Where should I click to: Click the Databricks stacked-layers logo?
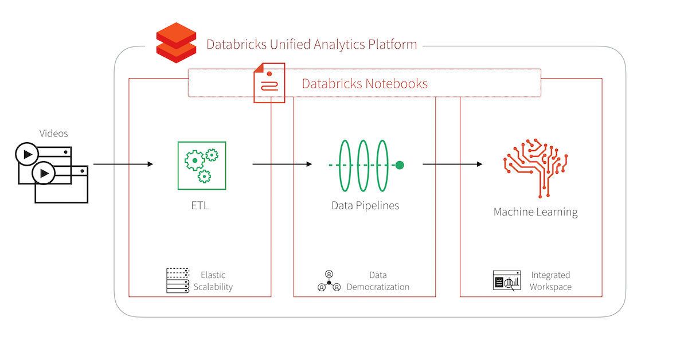pyautogui.click(x=177, y=42)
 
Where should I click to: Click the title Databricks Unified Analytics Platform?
pyautogui.click(x=311, y=44)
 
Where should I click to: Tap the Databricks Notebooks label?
pyautogui.click(x=365, y=84)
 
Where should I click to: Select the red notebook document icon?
pyautogui.click(x=269, y=84)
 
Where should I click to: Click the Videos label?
pyautogui.click(x=53, y=134)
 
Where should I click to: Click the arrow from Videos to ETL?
pyautogui.click(x=123, y=165)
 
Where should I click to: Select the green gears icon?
pyautogui.click(x=201, y=166)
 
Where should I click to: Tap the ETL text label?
pyautogui.click(x=200, y=205)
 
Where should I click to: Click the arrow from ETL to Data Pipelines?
pyautogui.click(x=282, y=165)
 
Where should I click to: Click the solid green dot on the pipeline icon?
pyautogui.click(x=400, y=165)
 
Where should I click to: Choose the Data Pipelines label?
pyautogui.click(x=365, y=205)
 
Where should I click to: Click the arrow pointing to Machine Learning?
pyautogui.click(x=452, y=165)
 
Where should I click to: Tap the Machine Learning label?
pyautogui.click(x=535, y=212)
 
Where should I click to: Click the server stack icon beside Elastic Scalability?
pyautogui.click(x=178, y=281)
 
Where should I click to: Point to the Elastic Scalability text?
pyautogui.click(x=213, y=281)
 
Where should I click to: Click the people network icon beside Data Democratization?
pyautogui.click(x=329, y=281)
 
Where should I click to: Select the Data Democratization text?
pyautogui.click(x=378, y=281)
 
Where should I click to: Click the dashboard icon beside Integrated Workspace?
pyautogui.click(x=507, y=281)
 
